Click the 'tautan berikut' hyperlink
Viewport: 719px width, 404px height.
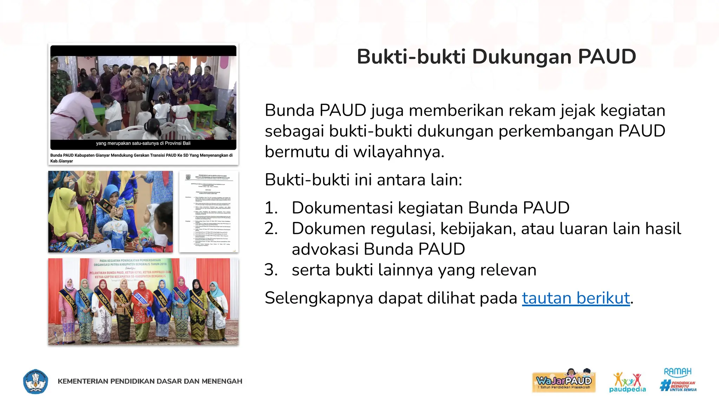576,298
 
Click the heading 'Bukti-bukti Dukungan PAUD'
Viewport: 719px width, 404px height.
496,57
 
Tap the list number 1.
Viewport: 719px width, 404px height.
271,208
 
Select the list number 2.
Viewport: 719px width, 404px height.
271,229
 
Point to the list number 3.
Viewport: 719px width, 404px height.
271,270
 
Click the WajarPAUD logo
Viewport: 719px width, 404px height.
564,381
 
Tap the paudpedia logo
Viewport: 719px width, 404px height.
627,382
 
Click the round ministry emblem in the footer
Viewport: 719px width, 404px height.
35,381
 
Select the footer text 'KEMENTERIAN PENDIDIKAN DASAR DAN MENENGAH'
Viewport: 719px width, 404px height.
150,381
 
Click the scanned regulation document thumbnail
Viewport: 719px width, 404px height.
209,211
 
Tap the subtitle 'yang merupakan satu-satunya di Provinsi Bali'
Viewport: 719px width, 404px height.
143,143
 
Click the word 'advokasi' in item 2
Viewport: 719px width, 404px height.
325,249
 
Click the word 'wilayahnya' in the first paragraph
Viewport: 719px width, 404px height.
398,152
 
